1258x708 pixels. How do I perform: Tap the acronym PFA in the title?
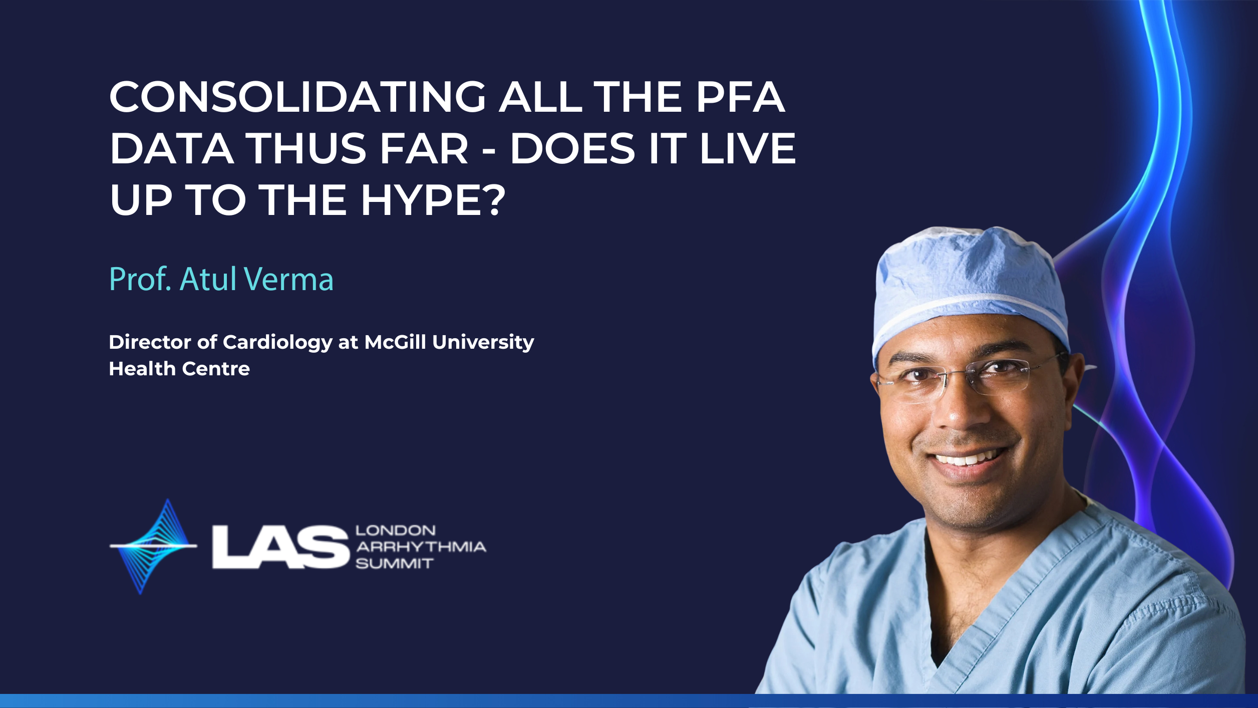tap(740, 97)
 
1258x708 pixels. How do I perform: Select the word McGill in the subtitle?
tap(395, 342)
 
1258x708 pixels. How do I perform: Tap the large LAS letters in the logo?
tap(280, 547)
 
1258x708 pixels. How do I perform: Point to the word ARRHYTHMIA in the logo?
tap(421, 547)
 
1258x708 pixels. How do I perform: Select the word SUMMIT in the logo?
tap(394, 564)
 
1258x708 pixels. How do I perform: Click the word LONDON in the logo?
tap(395, 531)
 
